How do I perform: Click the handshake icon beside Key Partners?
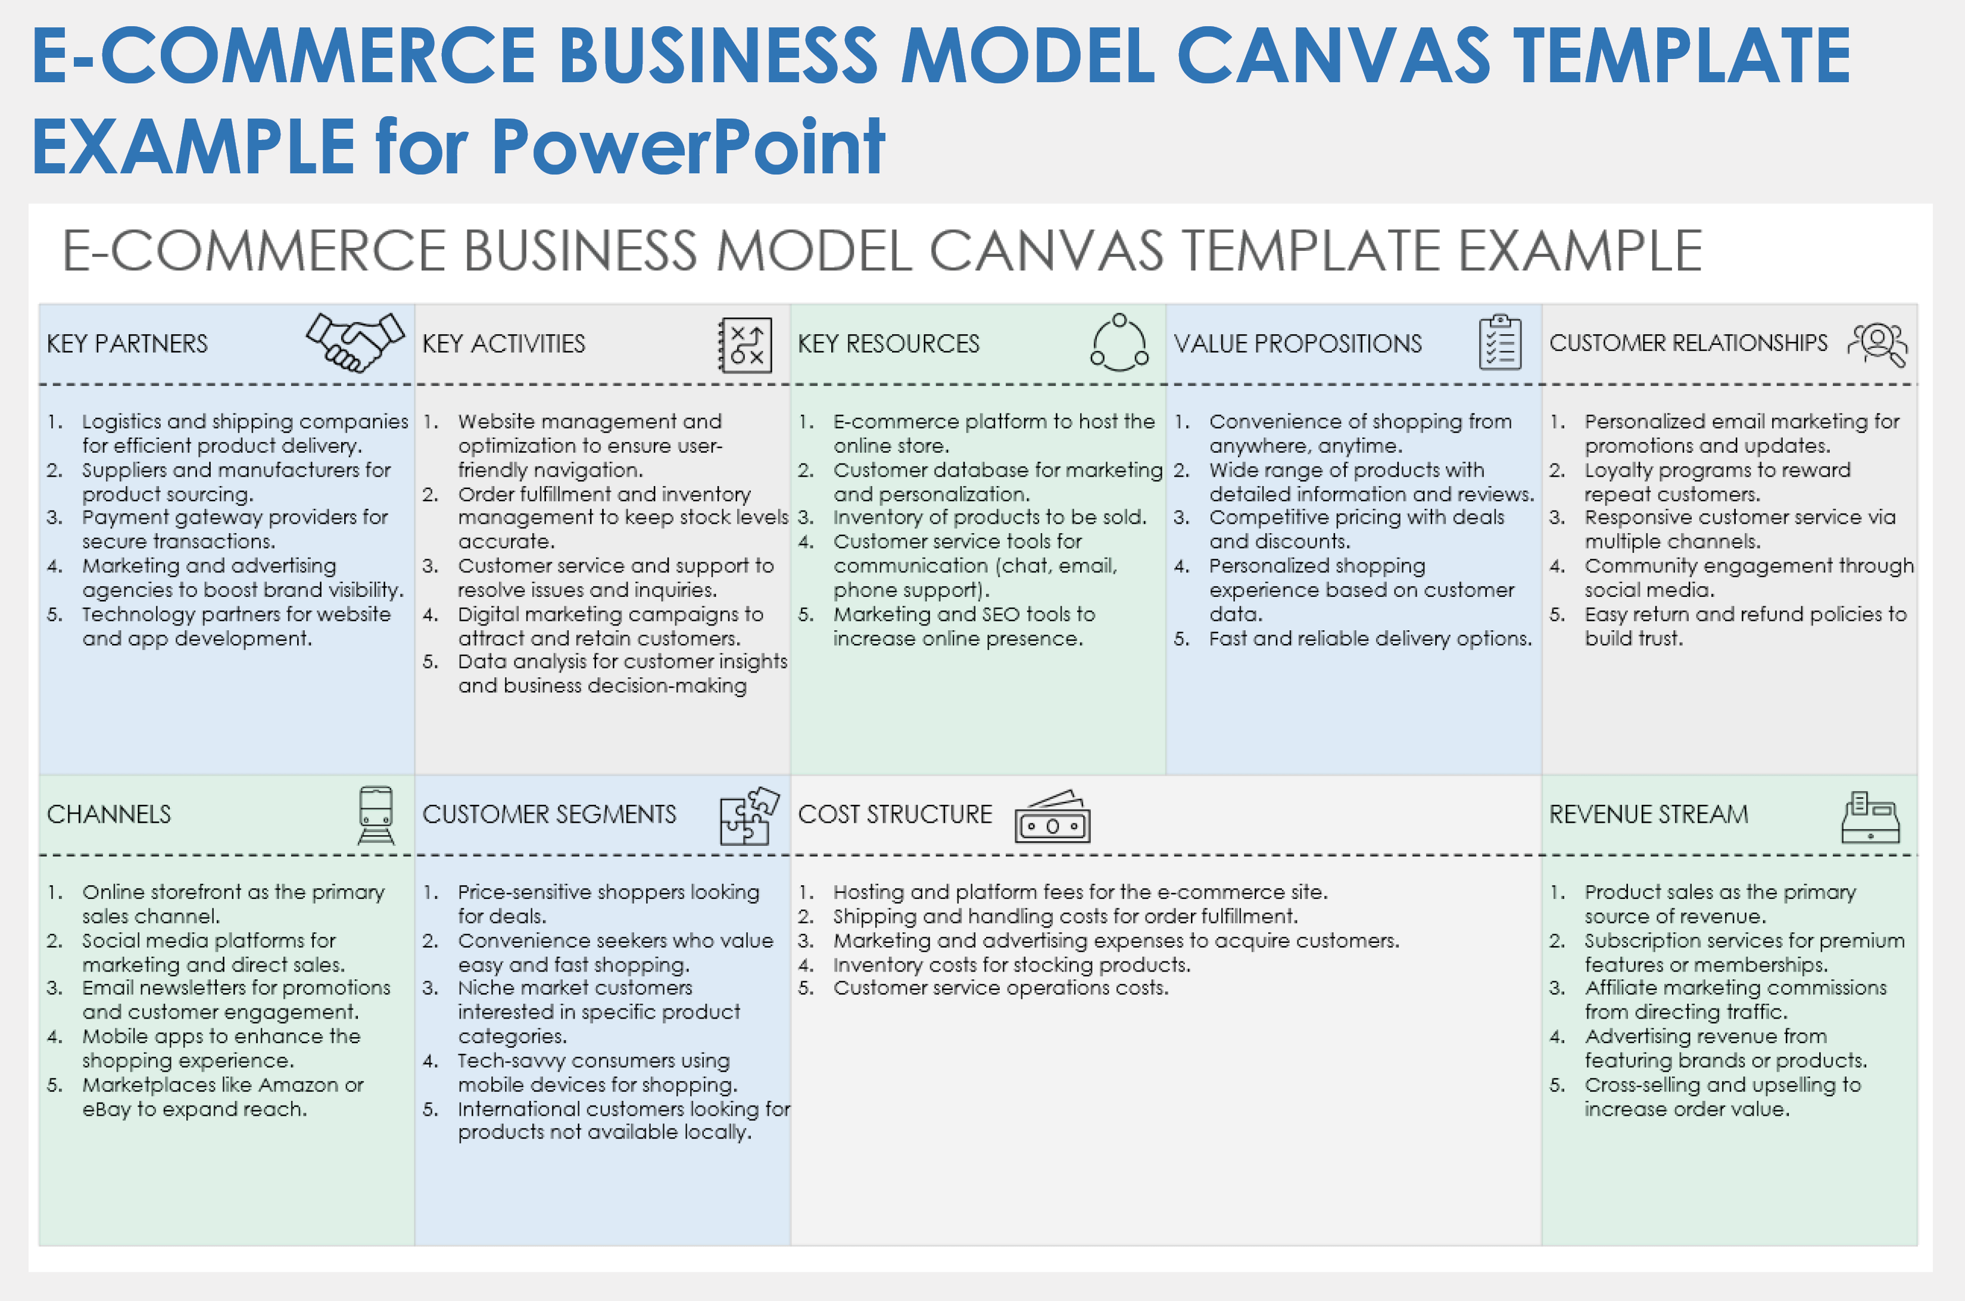click(x=355, y=342)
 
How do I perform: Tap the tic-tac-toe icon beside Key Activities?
click(x=745, y=344)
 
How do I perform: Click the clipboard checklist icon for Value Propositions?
click(x=1500, y=342)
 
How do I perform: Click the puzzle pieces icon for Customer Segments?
click(x=749, y=816)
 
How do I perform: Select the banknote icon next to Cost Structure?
click(x=1052, y=817)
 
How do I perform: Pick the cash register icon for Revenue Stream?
click(x=1870, y=817)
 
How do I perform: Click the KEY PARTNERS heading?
click(x=127, y=344)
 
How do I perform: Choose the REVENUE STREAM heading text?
click(x=1648, y=814)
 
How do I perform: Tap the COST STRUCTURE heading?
click(x=894, y=814)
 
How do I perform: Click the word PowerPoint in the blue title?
click(x=688, y=147)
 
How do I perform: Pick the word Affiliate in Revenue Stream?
click(x=1621, y=988)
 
